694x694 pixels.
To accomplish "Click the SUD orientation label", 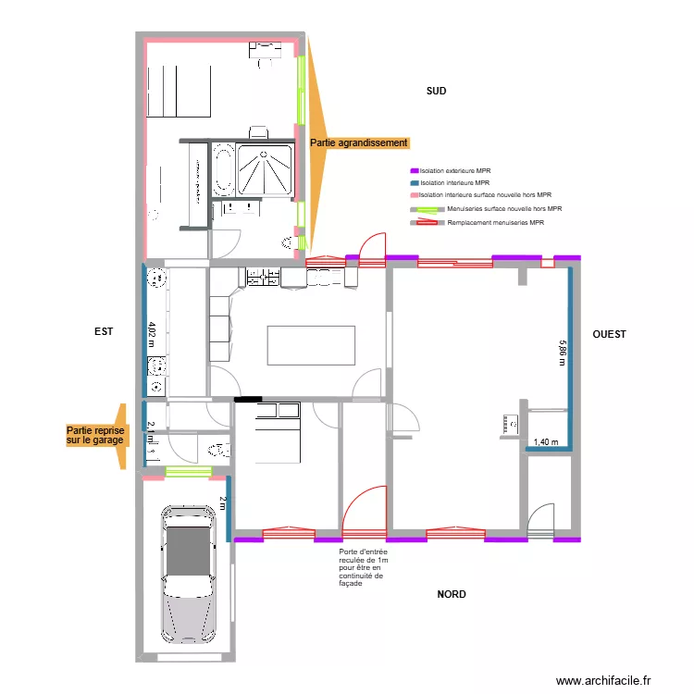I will point(436,91).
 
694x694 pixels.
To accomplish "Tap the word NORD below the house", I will point(452,594).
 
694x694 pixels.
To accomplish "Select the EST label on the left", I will point(103,330).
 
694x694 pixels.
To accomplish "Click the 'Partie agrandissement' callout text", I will point(359,143).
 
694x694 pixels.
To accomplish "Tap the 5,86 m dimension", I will point(561,353).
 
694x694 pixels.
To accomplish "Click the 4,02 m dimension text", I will point(152,333).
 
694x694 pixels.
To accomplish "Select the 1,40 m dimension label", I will point(547,443).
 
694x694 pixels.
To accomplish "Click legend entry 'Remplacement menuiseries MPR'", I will point(494,223).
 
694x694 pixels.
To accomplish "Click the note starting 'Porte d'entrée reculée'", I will point(363,566).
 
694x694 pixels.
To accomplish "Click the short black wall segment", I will point(248,400).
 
